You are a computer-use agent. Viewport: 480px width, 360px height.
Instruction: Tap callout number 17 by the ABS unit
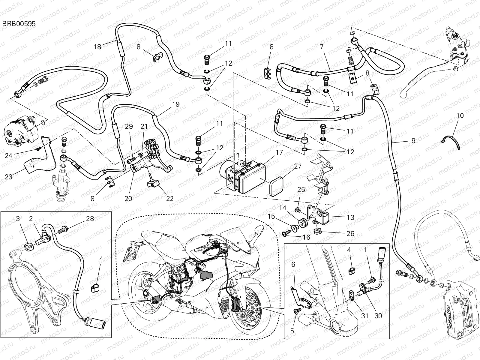279,152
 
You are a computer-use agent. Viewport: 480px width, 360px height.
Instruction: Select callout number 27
297,166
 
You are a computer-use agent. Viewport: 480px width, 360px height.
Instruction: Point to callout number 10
460,115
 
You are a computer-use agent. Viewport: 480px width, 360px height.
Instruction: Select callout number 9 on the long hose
413,140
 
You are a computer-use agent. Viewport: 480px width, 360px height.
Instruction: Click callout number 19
176,104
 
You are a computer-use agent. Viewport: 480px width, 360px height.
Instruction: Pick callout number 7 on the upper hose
322,47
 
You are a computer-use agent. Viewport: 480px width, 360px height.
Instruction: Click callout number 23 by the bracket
9,177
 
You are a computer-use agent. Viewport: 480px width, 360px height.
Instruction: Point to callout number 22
170,198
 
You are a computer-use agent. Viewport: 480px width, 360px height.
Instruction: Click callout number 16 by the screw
306,238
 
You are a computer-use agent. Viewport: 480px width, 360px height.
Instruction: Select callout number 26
350,233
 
